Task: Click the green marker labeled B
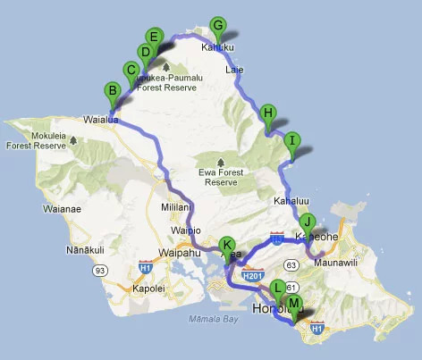tap(113, 90)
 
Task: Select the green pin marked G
tap(216, 25)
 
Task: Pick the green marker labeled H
tap(267, 113)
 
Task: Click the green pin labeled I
tap(291, 140)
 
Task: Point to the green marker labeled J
tap(308, 222)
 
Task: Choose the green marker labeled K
tap(227, 245)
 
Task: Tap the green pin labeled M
tap(294, 304)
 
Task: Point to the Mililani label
tap(175, 205)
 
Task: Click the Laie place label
tap(235, 68)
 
